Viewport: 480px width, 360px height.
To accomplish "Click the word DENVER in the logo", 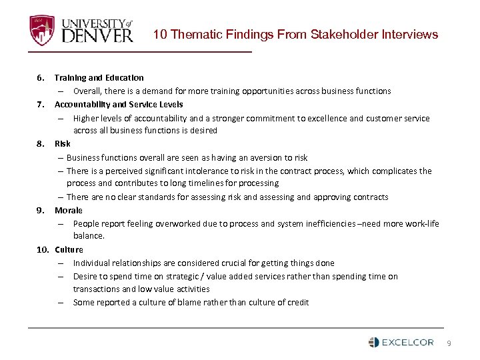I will pyautogui.click(x=97, y=34).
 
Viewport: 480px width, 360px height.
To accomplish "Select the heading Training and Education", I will pyautogui.click(x=99, y=78).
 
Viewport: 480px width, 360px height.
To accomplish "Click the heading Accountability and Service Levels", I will pyautogui.click(x=119, y=105).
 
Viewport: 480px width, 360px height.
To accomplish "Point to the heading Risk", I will pyautogui.click(x=63, y=144).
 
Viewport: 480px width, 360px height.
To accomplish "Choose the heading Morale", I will pyautogui.click(x=69, y=210).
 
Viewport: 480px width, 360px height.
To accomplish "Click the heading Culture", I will pyautogui.click(x=69, y=250).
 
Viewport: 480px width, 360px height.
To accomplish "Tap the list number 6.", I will pyautogui.click(x=40, y=78).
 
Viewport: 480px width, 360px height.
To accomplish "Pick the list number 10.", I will pyautogui.click(x=42, y=250).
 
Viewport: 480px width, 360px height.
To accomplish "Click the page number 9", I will pyautogui.click(x=449, y=343).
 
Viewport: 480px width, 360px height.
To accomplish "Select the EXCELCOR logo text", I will pyautogui.click(x=407, y=343).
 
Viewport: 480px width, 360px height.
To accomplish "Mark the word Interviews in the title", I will pyautogui.click(x=408, y=34).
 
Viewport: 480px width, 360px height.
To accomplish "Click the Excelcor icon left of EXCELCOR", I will pyautogui.click(x=373, y=343).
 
